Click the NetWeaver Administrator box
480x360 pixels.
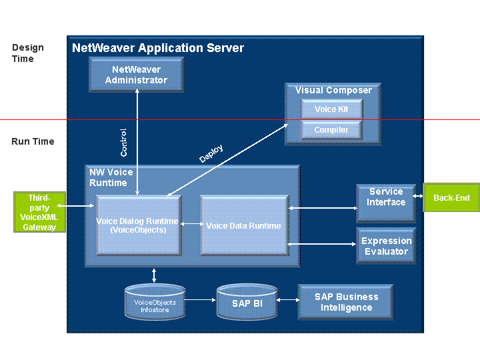point(136,74)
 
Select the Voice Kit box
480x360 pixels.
point(331,109)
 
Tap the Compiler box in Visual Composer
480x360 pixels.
point(331,129)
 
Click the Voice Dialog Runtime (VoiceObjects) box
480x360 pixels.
point(138,225)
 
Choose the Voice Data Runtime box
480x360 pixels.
point(244,225)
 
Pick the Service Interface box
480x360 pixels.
point(386,202)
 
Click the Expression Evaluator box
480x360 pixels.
point(386,246)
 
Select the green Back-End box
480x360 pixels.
point(451,198)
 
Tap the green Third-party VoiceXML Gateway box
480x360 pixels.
point(39,212)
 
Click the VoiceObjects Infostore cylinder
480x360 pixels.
point(155,304)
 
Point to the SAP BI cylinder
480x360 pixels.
point(247,303)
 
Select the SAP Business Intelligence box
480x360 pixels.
point(345,303)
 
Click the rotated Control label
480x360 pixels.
point(123,142)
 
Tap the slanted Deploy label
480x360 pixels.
point(211,154)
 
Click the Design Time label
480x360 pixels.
point(28,53)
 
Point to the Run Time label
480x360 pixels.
point(33,141)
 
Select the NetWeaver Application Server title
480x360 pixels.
point(158,48)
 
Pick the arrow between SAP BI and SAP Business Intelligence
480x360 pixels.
point(287,300)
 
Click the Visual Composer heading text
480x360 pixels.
point(333,90)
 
